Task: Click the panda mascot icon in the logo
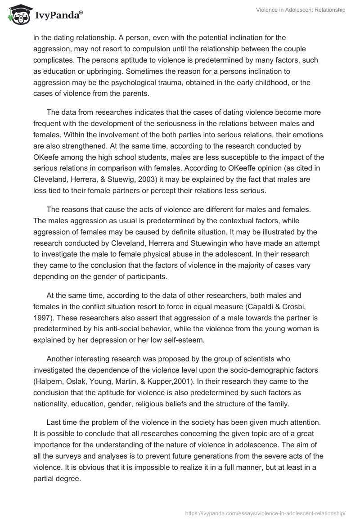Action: (x=18, y=14)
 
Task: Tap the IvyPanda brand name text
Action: (x=57, y=16)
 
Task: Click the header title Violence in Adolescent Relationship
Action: (x=301, y=10)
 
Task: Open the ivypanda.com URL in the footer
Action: (x=266, y=513)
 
